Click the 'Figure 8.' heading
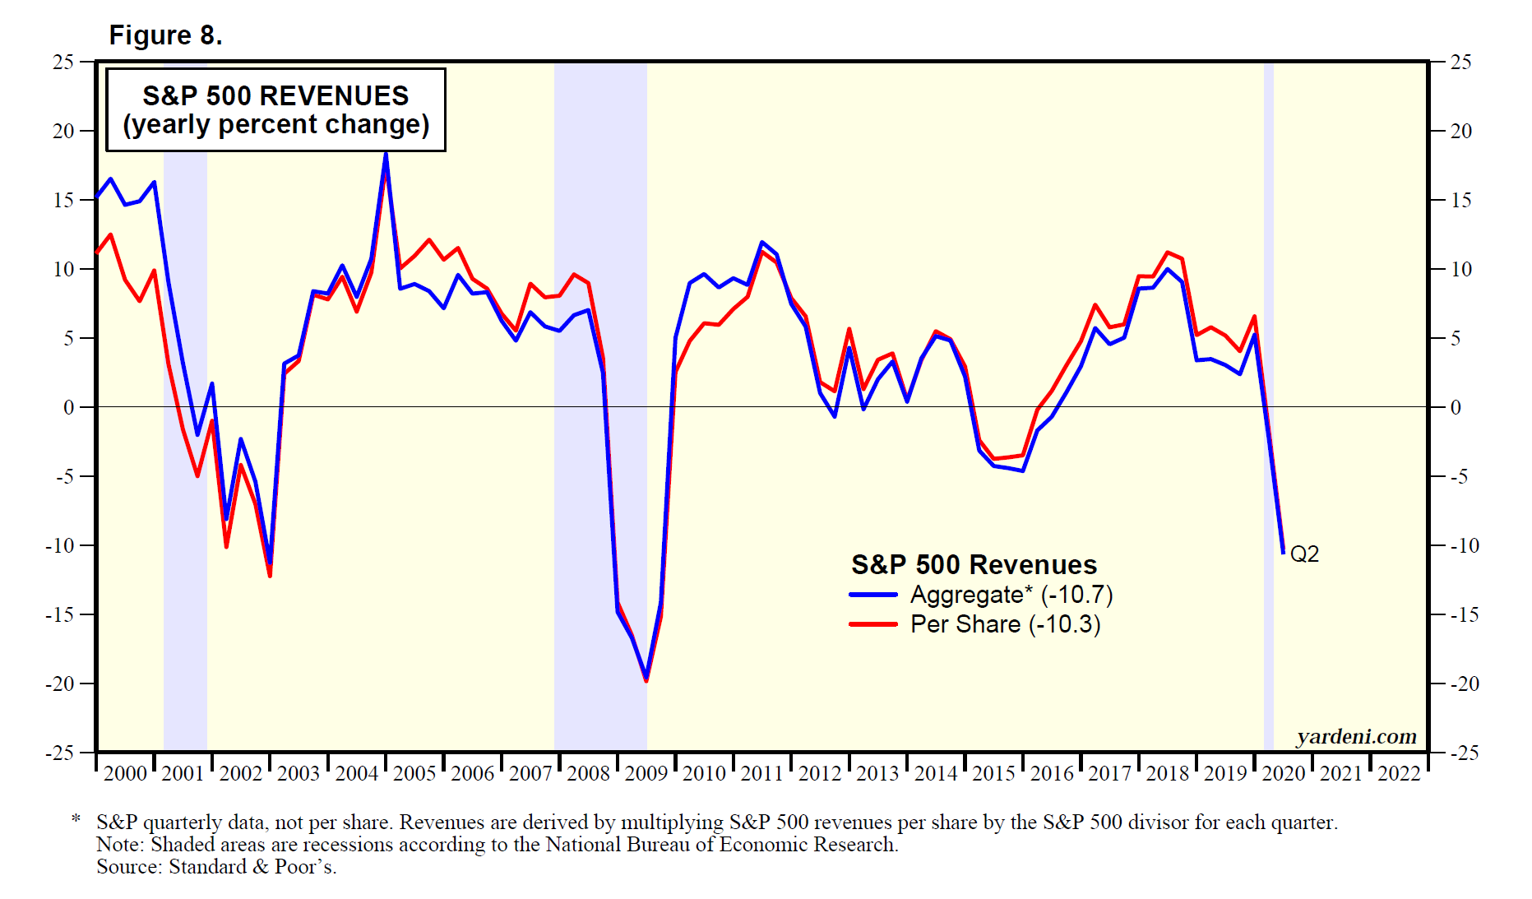[x=165, y=35]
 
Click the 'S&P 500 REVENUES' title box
[x=275, y=109]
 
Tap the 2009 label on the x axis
[x=646, y=773]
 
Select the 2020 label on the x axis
[x=1284, y=773]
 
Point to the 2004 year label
[x=356, y=773]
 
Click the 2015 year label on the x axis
[x=993, y=773]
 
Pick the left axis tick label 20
[x=63, y=132]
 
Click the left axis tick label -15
[x=59, y=615]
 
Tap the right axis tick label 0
[x=1456, y=408]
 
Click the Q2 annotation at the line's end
[x=1304, y=554]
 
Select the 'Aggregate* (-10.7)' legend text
[x=1011, y=595]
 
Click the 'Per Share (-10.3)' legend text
[x=1005, y=624]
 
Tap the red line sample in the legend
[x=872, y=624]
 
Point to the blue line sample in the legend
[x=872, y=595]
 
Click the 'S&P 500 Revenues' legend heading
[x=974, y=565]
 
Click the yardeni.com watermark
[x=1356, y=737]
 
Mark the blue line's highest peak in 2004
[x=386, y=153]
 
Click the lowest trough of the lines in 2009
[x=646, y=679]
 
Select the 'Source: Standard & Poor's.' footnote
[x=216, y=867]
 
